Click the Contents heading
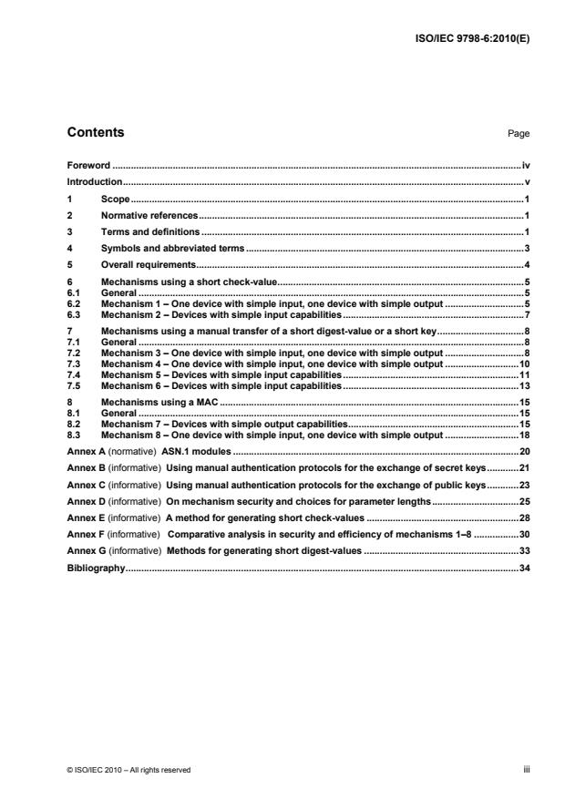pyautogui.click(x=96, y=133)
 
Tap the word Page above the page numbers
pyautogui.click(x=519, y=134)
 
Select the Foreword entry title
pyautogui.click(x=88, y=166)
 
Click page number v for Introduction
pyautogui.click(x=527, y=182)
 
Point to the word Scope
pyautogui.click(x=115, y=199)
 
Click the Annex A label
pyautogui.click(x=86, y=452)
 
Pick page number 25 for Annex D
pyautogui.click(x=524, y=501)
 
